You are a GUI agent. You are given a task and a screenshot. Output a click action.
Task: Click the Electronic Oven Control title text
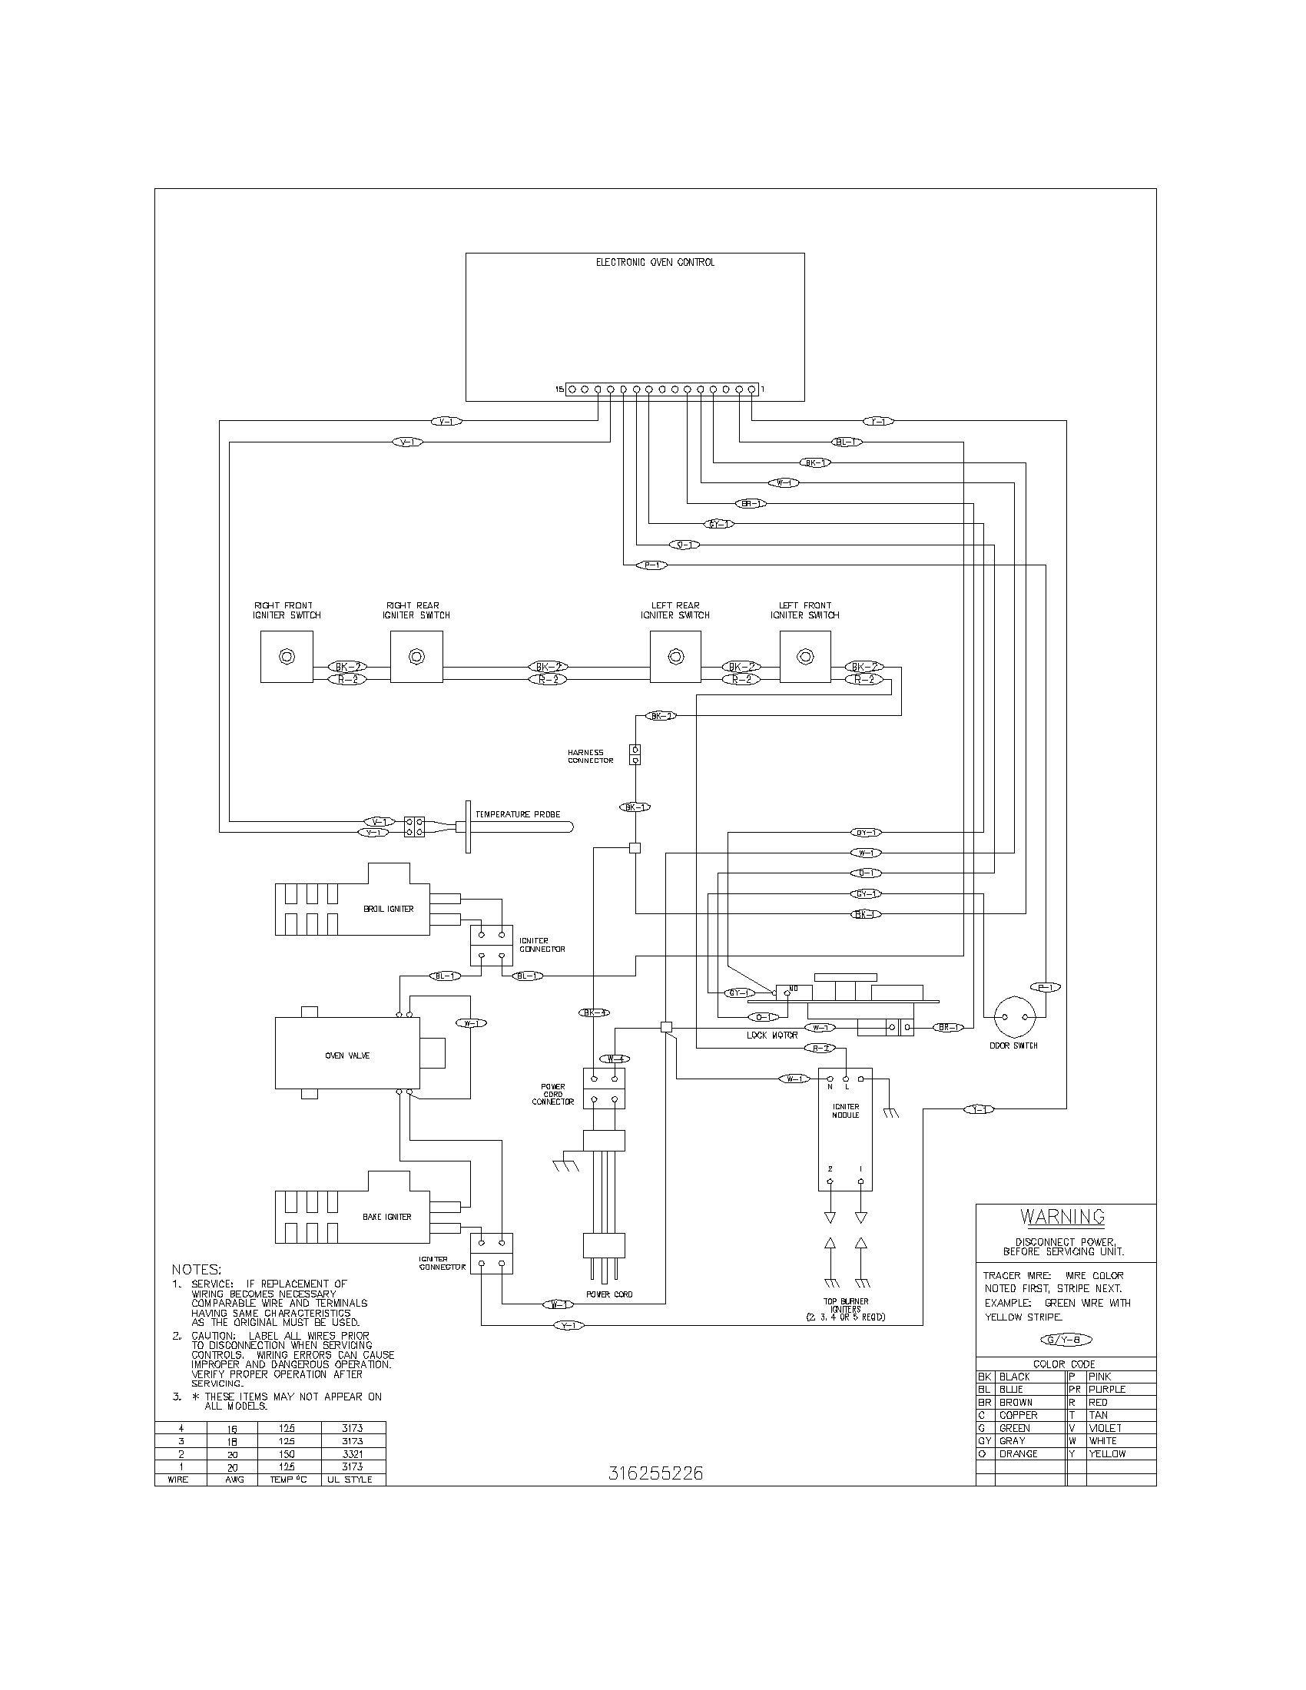pos(655,262)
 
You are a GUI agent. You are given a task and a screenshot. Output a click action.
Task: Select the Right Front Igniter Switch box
pos(287,656)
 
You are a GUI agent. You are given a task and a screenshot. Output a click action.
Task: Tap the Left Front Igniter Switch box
pos(805,656)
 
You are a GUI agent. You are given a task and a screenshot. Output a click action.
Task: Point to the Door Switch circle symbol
pos(1013,1017)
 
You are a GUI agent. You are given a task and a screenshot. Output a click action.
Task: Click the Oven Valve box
pos(346,1055)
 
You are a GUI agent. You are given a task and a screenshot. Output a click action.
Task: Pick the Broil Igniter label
pos(389,909)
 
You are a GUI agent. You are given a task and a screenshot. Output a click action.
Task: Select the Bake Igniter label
pos(387,1217)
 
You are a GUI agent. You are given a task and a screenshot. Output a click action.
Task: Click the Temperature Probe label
pos(518,814)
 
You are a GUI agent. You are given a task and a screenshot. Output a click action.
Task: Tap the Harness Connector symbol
pos(635,754)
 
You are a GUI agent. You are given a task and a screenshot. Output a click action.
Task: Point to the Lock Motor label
pos(772,1035)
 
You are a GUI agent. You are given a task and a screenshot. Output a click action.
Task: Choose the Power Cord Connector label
pos(553,1094)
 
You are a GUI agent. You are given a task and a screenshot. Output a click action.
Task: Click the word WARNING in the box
pos(1062,1217)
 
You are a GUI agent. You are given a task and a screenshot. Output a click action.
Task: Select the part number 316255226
pos(655,1473)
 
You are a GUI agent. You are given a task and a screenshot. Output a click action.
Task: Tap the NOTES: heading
pos(196,1269)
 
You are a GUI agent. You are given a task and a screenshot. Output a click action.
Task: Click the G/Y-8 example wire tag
pos(1066,1340)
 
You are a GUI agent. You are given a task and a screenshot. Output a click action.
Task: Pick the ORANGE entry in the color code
pos(1018,1454)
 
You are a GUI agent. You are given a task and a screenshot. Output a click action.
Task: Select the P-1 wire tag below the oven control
pos(651,565)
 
